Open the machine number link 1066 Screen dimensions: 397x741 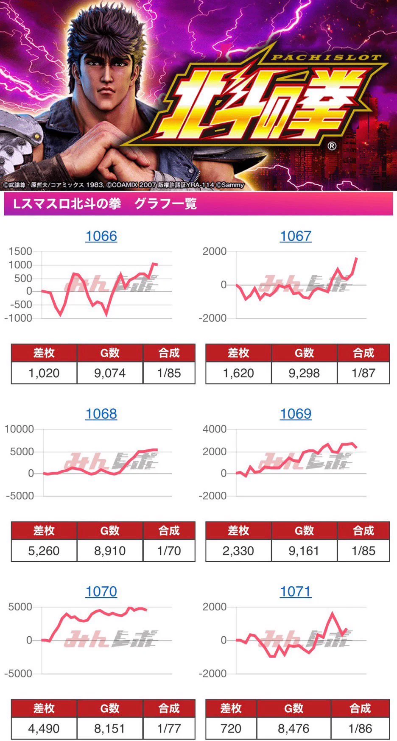[101, 236]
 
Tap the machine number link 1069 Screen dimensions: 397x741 [296, 414]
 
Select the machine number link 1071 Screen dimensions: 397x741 [296, 591]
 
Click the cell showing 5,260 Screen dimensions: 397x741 [44, 551]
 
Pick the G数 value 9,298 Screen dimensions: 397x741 [304, 373]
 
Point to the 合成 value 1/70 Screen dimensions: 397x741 [169, 551]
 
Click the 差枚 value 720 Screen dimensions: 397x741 [231, 728]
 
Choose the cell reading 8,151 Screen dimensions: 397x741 [110, 728]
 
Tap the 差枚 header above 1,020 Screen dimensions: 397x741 [44, 353]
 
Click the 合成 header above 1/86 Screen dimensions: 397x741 [360, 708]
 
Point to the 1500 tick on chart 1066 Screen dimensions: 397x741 [20, 251]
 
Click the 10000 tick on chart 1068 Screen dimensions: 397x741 [19, 429]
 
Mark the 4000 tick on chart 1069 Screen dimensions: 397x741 [215, 429]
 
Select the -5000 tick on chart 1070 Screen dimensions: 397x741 [19, 674]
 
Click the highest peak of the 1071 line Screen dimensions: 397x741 [332, 613]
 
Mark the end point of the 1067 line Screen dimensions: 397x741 [356, 258]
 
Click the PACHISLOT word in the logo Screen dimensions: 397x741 [326, 57]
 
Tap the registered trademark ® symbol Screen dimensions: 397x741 [332, 146]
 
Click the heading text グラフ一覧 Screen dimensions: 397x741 [165, 204]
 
